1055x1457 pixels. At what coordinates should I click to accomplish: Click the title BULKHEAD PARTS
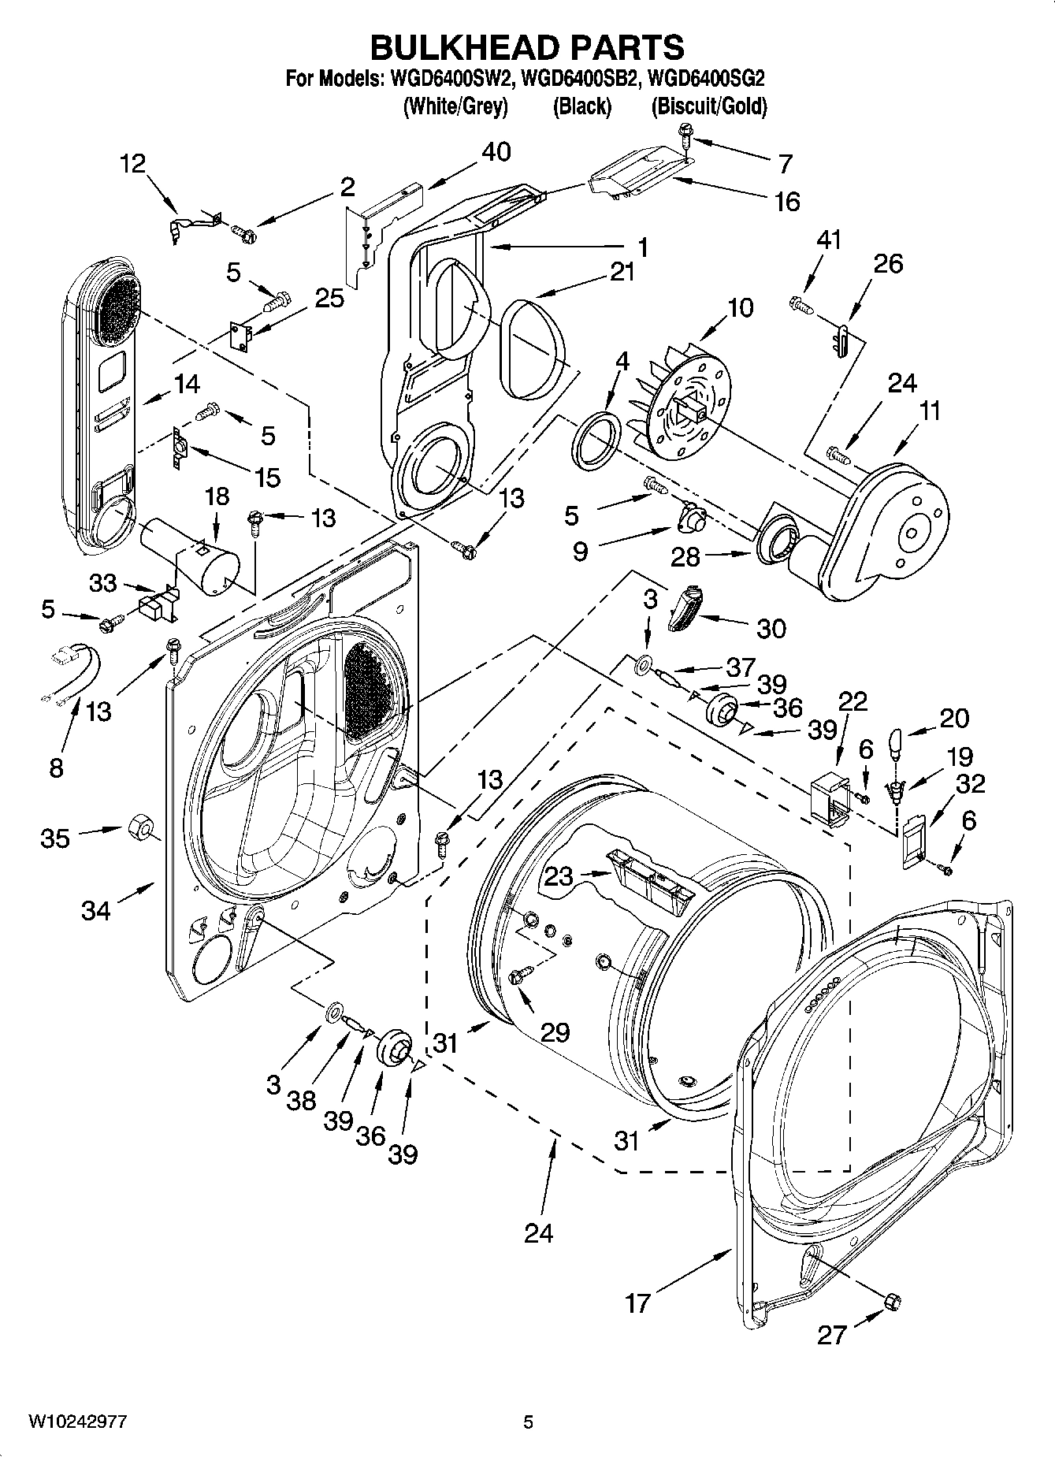pos(527,47)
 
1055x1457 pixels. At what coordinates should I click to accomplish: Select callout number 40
pos(496,151)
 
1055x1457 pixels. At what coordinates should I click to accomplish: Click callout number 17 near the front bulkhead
pos(637,1303)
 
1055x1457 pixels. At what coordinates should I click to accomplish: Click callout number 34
pos(96,910)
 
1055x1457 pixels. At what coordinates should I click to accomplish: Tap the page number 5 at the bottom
pos(529,1422)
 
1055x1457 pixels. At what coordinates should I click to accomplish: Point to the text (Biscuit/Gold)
pos(708,106)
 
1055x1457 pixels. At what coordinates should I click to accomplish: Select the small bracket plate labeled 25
pos(242,335)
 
